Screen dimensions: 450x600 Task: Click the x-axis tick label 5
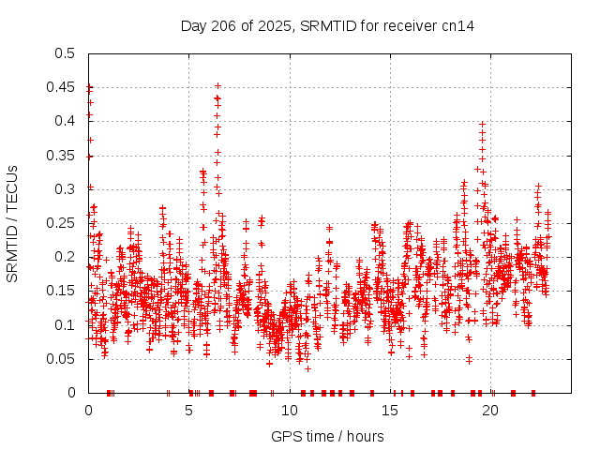point(189,411)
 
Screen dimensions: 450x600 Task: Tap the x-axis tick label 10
point(291,411)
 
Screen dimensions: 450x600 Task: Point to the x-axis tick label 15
point(391,411)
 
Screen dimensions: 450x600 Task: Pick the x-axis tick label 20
point(492,411)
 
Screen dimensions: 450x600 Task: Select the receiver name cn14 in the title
point(458,26)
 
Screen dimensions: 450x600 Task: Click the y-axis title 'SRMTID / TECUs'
point(13,223)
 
